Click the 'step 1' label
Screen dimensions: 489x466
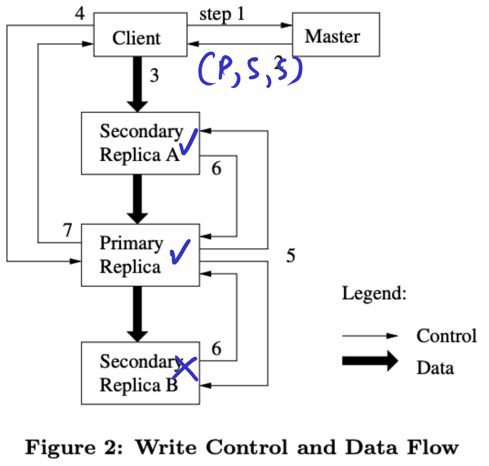click(x=222, y=14)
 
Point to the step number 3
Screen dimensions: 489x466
click(x=154, y=75)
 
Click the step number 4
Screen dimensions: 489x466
click(x=80, y=14)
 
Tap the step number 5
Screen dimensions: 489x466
click(x=291, y=256)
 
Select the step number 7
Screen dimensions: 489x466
click(x=68, y=230)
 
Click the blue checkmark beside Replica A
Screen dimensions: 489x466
click(x=188, y=142)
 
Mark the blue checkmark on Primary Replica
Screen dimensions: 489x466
click(x=180, y=252)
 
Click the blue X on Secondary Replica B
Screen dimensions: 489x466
click(x=185, y=368)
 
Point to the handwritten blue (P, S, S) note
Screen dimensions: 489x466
click(x=251, y=70)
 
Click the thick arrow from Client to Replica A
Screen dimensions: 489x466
click(x=137, y=84)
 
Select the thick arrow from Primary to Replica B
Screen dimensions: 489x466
click(x=137, y=314)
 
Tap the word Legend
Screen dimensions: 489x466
click(x=374, y=294)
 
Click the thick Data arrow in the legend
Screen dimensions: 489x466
click(x=370, y=361)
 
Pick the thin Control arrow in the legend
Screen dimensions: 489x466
click(x=370, y=336)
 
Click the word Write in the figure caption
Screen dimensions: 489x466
click(x=166, y=447)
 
